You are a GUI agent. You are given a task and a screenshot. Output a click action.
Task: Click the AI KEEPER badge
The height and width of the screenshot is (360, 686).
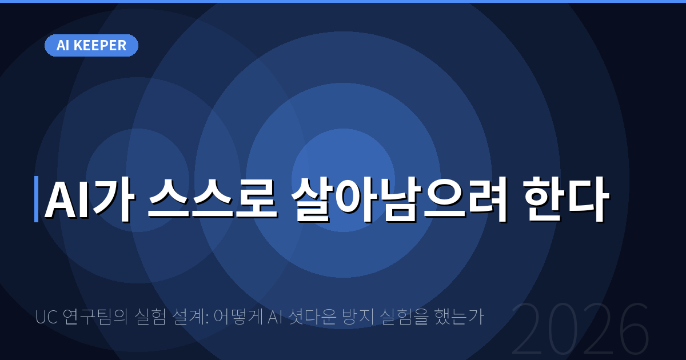[x=91, y=46]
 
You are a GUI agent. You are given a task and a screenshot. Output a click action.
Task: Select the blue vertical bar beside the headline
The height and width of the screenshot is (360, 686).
[x=36, y=199]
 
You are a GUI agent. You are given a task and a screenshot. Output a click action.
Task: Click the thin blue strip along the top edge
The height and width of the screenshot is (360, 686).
[x=343, y=1]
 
